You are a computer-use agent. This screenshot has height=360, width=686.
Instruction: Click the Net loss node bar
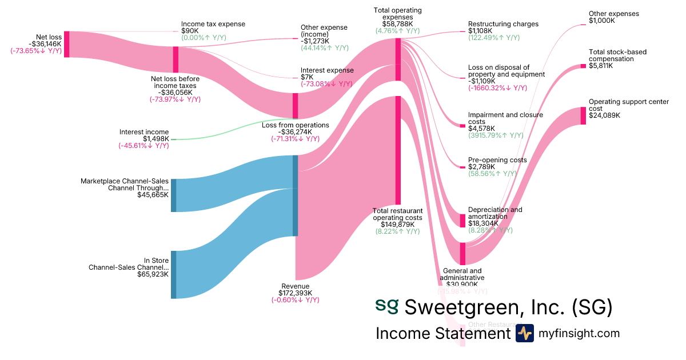[66, 44]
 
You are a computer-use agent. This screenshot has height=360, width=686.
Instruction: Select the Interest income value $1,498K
[156, 139]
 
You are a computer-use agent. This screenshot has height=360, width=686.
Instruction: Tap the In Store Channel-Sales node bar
[174, 274]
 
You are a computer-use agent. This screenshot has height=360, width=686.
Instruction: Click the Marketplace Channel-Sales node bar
[174, 195]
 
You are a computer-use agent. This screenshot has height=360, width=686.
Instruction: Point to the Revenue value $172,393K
[296, 293]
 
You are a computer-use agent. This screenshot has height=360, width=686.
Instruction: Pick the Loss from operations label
[296, 125]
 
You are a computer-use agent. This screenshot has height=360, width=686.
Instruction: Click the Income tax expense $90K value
[190, 31]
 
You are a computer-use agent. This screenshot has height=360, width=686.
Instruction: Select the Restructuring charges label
[503, 24]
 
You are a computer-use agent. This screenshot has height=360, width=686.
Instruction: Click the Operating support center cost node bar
[583, 115]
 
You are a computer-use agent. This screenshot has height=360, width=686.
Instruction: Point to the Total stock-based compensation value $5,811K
[601, 66]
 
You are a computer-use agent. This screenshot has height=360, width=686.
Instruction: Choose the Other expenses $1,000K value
[602, 21]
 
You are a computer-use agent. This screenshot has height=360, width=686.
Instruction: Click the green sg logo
[387, 305]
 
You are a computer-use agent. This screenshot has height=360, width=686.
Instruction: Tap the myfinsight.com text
[579, 333]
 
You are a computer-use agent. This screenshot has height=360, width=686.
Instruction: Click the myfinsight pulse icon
[524, 333]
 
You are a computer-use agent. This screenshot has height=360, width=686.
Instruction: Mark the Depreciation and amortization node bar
[462, 221]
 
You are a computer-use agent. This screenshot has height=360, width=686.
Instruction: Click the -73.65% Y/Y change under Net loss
[36, 51]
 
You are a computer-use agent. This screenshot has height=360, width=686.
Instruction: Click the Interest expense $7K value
[306, 77]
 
